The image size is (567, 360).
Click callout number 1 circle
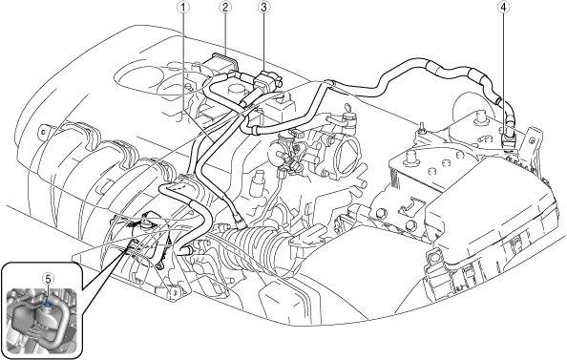click(x=184, y=8)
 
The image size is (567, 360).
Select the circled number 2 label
click(x=225, y=8)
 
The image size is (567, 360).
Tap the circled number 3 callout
click(x=263, y=8)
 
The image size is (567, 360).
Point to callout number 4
click(x=504, y=8)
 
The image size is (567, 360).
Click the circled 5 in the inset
click(x=48, y=279)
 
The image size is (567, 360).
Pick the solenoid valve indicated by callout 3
click(x=268, y=82)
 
